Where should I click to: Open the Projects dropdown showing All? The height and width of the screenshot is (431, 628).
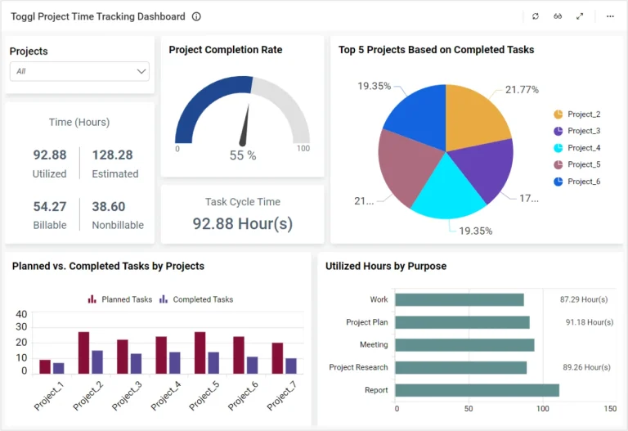click(x=79, y=71)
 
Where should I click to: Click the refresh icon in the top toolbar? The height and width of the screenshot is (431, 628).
click(x=536, y=16)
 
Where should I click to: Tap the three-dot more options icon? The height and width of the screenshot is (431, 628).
click(x=610, y=16)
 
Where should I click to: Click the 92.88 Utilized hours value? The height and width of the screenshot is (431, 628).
click(x=50, y=155)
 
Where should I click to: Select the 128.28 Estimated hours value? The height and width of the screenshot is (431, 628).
click(x=113, y=155)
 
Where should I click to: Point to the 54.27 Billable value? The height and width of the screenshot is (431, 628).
click(x=50, y=206)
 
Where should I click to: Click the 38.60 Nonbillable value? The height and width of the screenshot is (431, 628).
click(x=109, y=206)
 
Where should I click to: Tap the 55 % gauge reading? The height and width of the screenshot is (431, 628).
click(x=243, y=155)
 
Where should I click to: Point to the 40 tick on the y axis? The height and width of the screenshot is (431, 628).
click(x=22, y=314)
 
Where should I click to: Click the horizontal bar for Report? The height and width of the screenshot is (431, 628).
click(x=478, y=390)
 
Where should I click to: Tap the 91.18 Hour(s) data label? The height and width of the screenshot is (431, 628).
click(x=589, y=322)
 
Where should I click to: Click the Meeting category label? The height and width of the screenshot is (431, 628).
click(x=374, y=345)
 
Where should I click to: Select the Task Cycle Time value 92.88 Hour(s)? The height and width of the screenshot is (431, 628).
click(x=243, y=223)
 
